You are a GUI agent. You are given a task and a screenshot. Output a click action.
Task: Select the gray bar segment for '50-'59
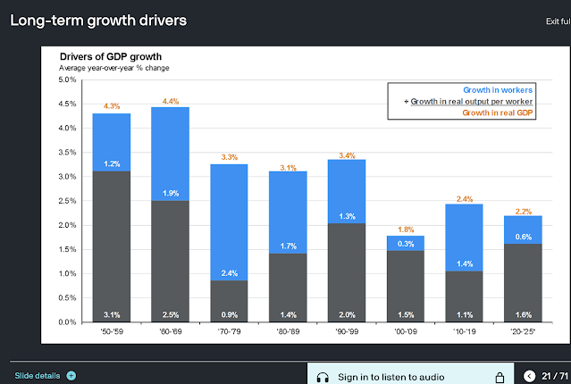point(112,246)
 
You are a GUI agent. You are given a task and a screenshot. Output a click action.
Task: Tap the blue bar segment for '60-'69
point(170,153)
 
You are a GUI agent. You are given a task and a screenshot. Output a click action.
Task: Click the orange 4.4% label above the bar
point(170,100)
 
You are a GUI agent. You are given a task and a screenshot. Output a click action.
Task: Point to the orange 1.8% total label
point(405,229)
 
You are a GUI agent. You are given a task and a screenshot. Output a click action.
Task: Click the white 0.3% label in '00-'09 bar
point(405,244)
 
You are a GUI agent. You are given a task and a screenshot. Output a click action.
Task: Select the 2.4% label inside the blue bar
point(229,272)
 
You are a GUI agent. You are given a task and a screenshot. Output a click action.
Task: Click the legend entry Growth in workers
point(499,90)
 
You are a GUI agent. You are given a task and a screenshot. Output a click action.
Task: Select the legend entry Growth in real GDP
point(499,113)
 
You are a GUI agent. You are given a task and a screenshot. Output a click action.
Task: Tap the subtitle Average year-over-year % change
point(113,68)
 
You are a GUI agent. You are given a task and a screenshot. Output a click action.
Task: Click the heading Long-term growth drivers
point(98,20)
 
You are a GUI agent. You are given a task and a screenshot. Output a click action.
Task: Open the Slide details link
point(38,375)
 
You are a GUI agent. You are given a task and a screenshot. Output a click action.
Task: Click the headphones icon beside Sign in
point(323,377)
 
